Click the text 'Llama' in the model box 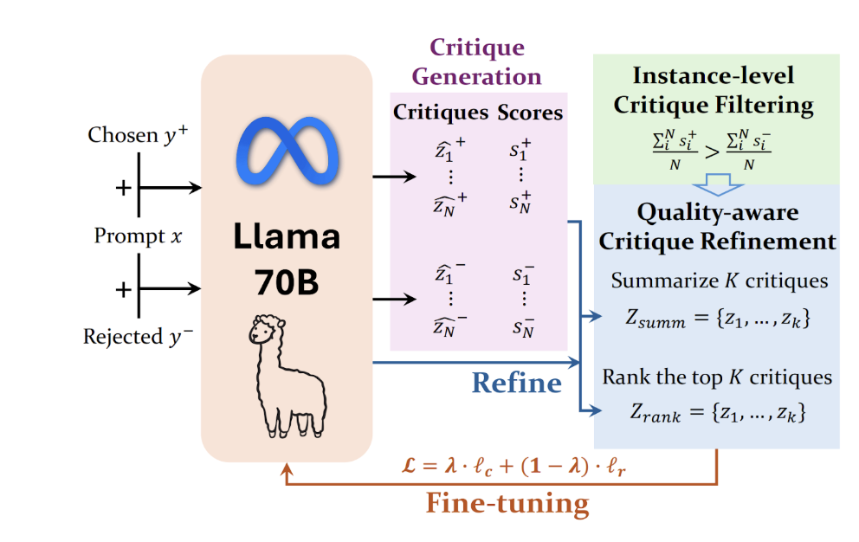pos(287,236)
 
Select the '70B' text pos(287,283)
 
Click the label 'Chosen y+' pos(138,135)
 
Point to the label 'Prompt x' pos(138,236)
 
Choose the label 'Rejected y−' pos(138,336)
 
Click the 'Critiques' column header pos(441,113)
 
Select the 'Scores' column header pos(530,113)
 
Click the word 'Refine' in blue pos(517,383)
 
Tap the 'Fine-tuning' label pos(507,503)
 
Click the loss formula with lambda pos(513,467)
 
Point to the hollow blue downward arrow pos(718,184)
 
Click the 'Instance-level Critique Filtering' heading pos(714,90)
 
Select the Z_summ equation pos(718,318)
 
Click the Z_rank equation pos(718,412)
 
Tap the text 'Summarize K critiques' pos(720,281)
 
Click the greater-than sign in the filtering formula pos(712,152)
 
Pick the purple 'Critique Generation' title pos(476,61)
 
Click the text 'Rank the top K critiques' pos(717,377)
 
